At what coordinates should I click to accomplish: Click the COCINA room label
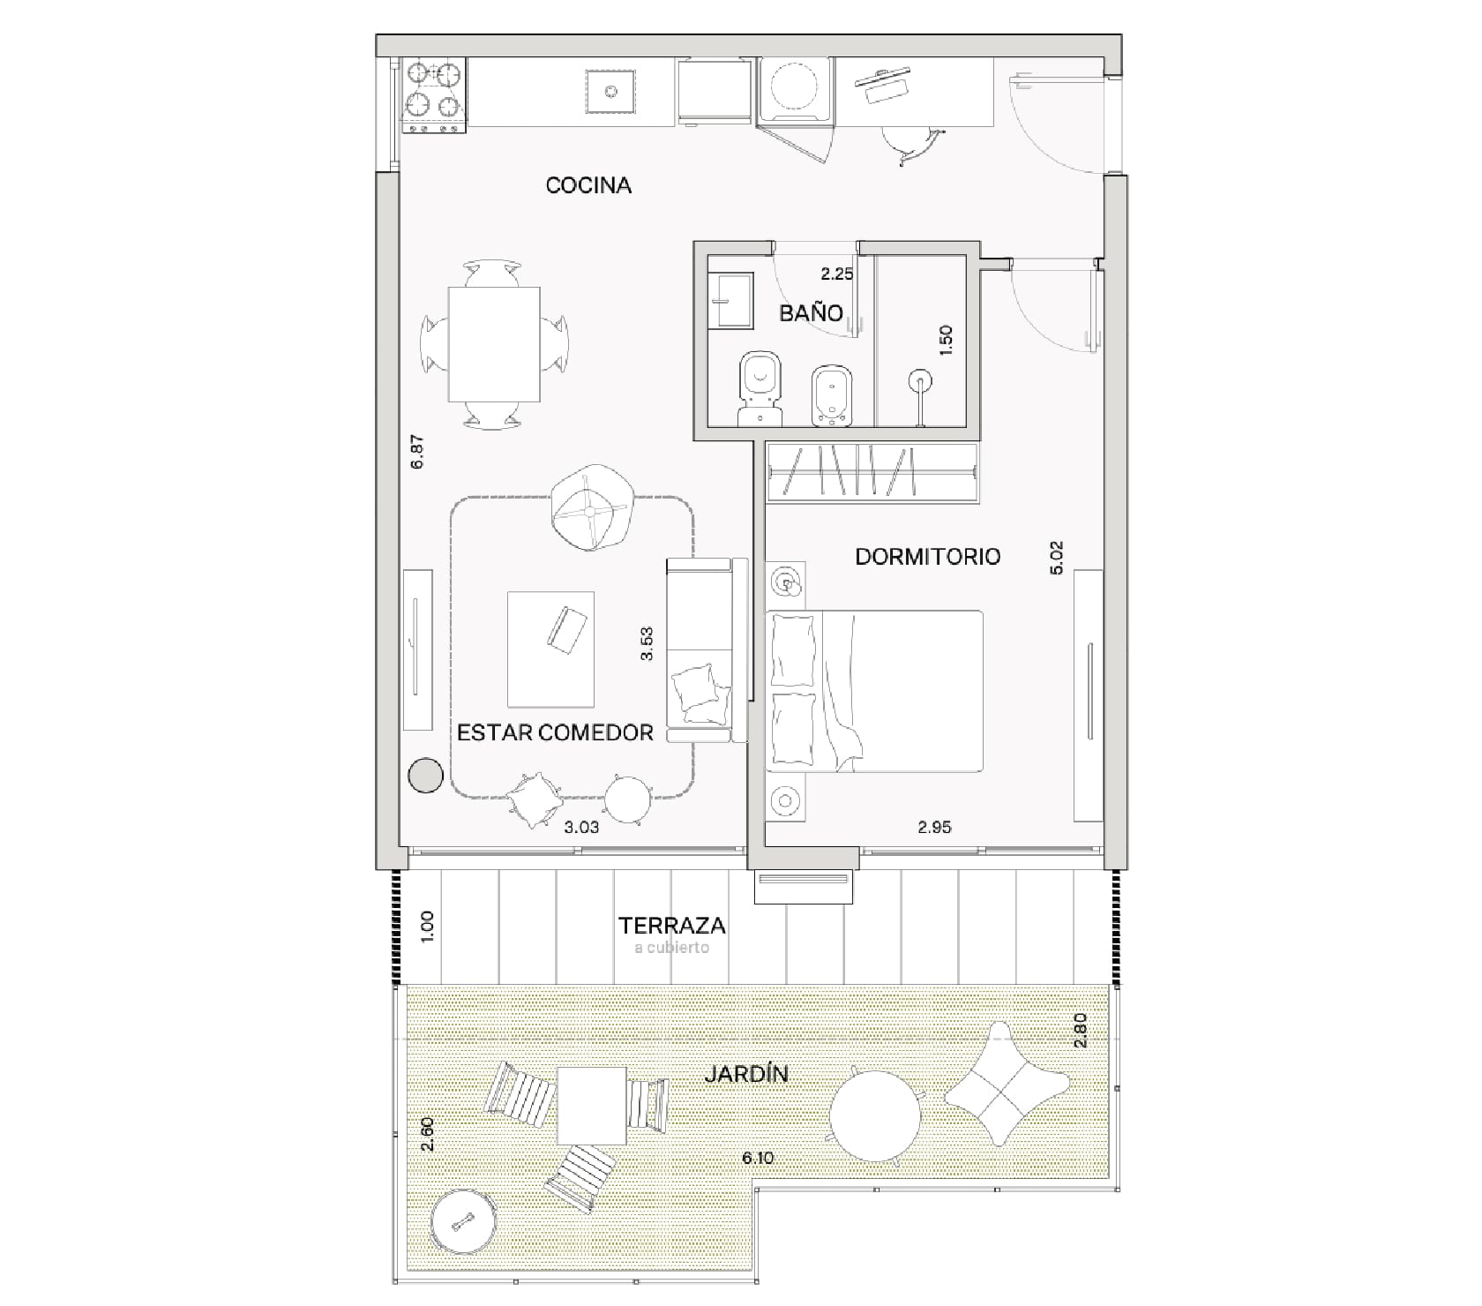[588, 185]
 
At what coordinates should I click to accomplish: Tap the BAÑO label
[811, 312]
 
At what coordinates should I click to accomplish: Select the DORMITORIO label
[928, 557]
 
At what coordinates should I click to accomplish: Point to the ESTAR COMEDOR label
[555, 732]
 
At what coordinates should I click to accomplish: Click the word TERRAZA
[672, 926]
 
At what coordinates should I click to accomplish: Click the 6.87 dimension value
[417, 452]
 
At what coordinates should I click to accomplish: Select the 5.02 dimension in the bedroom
[1058, 558]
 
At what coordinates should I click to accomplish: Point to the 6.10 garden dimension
[758, 1158]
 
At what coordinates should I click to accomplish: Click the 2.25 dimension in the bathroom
[836, 274]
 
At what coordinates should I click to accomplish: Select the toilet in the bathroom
[760, 388]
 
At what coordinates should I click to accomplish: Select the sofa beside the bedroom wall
[707, 651]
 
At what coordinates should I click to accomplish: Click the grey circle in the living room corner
[426, 776]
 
